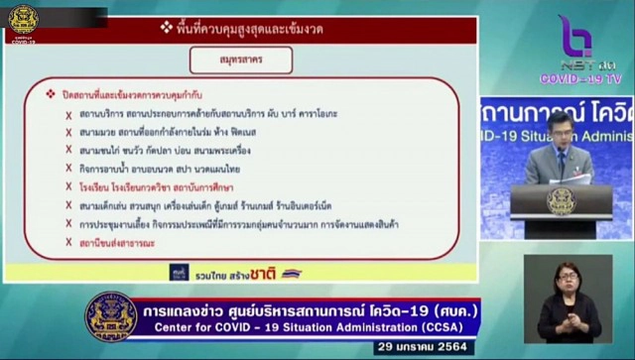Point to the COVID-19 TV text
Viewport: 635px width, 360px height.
click(x=579, y=77)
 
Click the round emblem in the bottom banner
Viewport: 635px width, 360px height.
click(x=111, y=318)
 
